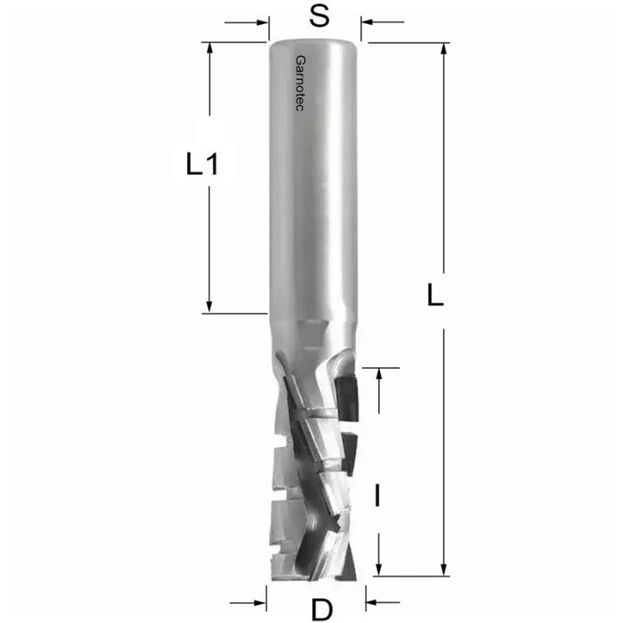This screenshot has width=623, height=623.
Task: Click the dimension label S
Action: point(315,16)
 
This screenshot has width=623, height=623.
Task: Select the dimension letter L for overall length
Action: point(434,295)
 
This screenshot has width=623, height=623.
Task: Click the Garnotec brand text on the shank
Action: point(298,85)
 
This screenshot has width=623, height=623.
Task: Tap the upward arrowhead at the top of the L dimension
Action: point(442,48)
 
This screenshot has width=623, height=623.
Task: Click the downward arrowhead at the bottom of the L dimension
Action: point(442,570)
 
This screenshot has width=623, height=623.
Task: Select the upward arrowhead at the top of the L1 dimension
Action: point(210,48)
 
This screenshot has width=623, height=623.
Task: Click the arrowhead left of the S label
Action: point(262,22)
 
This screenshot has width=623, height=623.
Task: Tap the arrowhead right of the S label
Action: point(368,22)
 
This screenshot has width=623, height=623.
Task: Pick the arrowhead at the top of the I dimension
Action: point(379,374)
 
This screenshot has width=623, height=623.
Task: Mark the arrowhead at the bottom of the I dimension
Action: point(379,570)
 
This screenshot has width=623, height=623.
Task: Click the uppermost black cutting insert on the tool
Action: point(349,396)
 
